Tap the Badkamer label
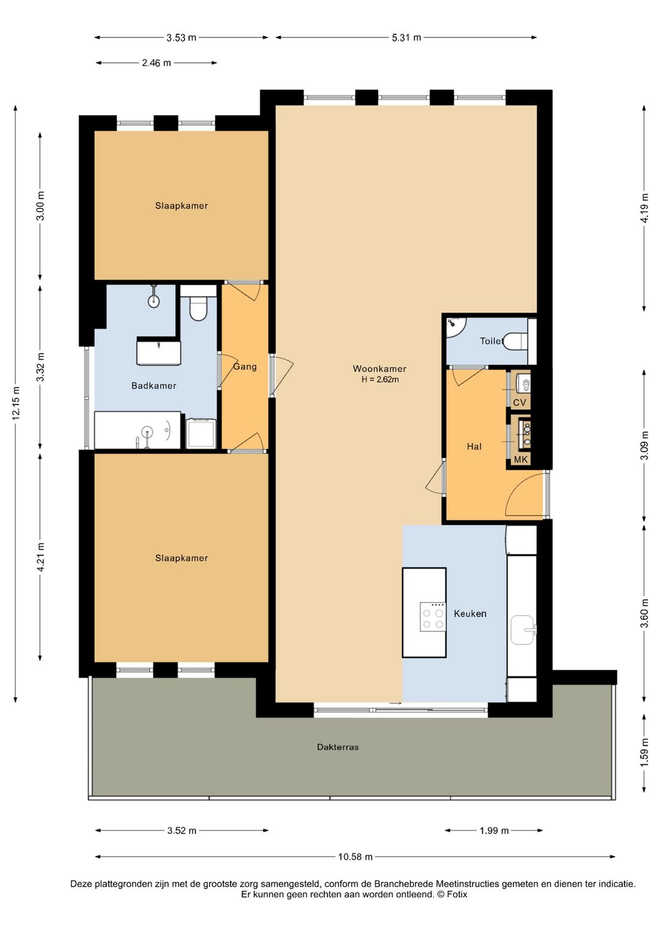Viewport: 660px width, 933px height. click(x=153, y=386)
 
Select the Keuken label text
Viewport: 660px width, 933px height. click(x=470, y=613)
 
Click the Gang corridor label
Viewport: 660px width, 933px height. click(x=245, y=367)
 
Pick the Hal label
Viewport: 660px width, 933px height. click(x=474, y=446)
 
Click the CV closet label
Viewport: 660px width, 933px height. click(x=519, y=403)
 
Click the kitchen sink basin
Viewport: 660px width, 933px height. click(x=523, y=630)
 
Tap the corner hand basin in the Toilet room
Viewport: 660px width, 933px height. click(x=455, y=328)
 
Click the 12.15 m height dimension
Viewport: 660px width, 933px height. click(x=16, y=403)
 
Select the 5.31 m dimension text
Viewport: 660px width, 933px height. click(x=406, y=37)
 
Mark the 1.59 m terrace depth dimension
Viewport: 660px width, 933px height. click(x=645, y=753)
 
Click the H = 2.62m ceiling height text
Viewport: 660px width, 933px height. click(x=380, y=380)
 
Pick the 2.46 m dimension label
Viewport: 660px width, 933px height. click(x=156, y=63)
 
